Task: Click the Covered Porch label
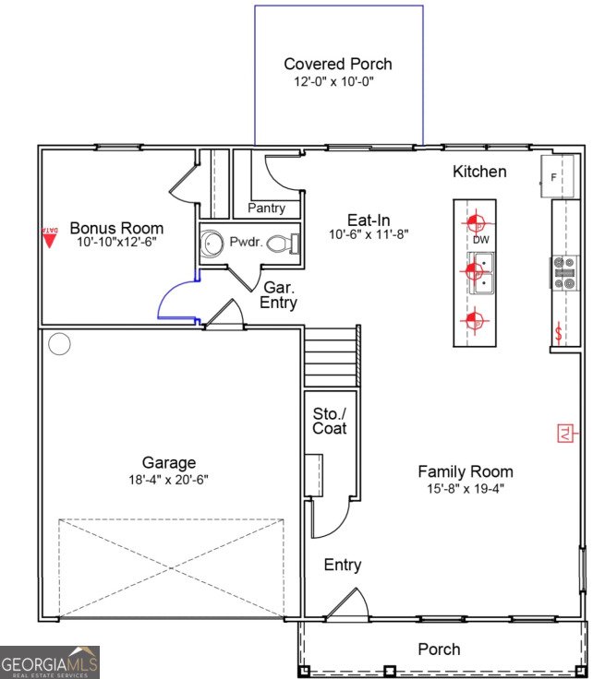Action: [337, 64]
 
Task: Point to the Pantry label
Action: [266, 208]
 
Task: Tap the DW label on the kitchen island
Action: [480, 240]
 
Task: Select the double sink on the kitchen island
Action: [483, 273]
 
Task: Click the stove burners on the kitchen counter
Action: [563, 273]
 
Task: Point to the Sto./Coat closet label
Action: [330, 421]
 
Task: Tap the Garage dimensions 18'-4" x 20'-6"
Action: [168, 481]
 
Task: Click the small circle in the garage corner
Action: [59, 345]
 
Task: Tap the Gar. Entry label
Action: [278, 295]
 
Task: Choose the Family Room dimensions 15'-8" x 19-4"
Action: [466, 488]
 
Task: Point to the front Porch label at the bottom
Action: [439, 649]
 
